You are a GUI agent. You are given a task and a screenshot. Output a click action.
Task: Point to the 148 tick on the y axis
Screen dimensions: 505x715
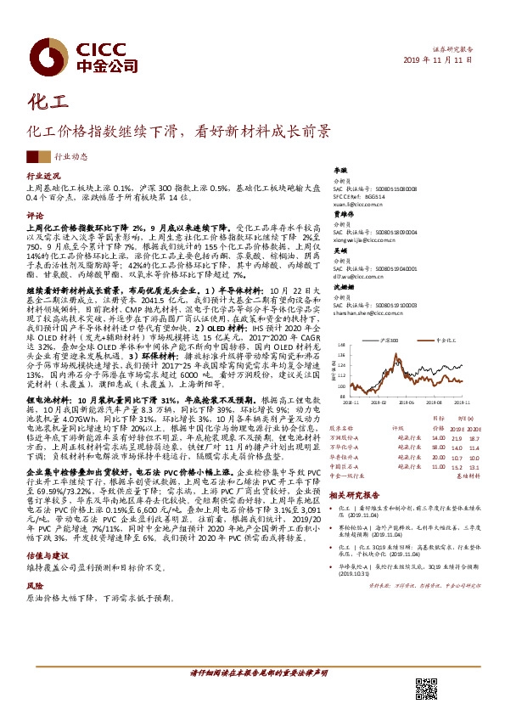coord(341,346)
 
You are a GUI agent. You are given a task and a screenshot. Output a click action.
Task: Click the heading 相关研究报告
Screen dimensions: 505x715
coord(351,494)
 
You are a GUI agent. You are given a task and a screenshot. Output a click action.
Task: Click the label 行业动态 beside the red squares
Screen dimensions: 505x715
coord(70,157)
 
